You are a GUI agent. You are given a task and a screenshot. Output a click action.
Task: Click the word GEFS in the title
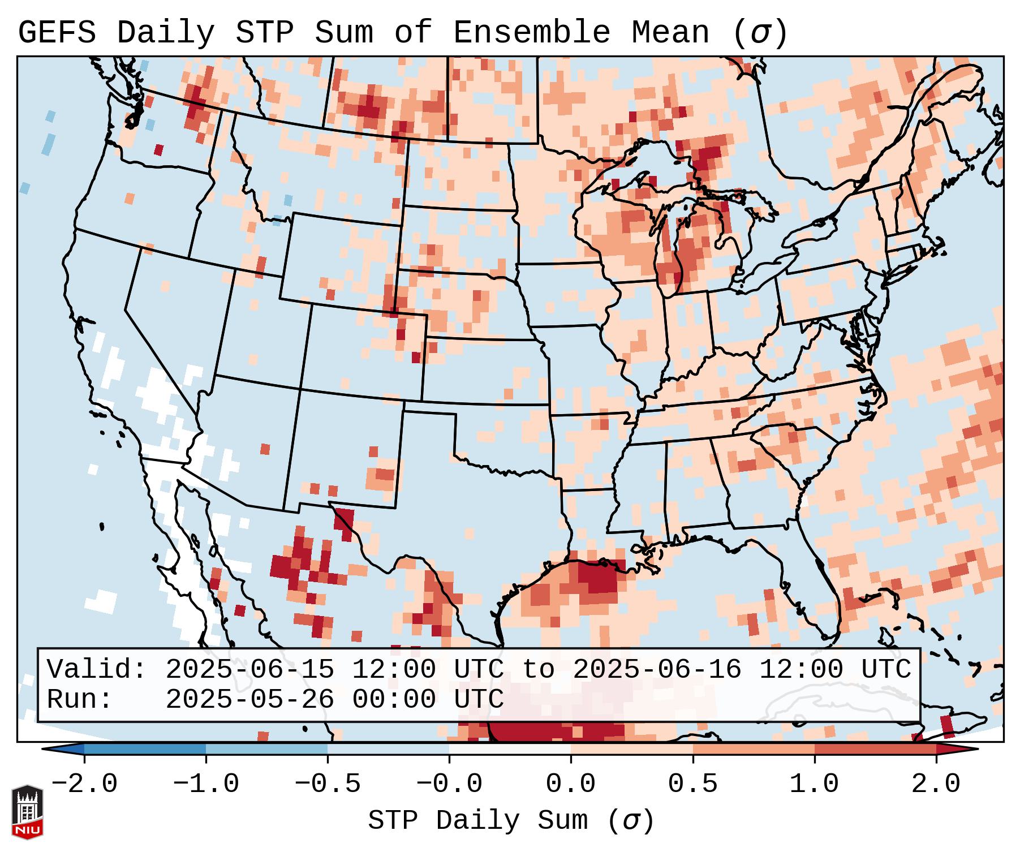pos(57,33)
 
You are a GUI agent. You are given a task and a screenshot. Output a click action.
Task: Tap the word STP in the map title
pos(264,33)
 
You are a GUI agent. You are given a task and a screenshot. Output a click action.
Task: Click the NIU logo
pos(27,812)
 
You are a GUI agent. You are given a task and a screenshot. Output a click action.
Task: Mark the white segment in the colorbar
pos(510,750)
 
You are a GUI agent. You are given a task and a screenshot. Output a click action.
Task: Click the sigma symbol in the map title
pos(760,33)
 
